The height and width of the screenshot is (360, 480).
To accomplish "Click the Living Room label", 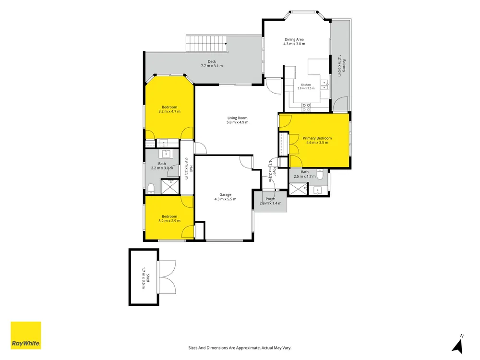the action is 237,118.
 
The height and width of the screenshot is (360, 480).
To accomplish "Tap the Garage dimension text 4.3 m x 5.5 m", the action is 225,199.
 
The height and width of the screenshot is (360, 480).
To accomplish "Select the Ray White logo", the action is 26,335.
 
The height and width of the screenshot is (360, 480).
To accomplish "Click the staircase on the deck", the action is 207,44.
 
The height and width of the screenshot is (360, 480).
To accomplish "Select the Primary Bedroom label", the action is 317,138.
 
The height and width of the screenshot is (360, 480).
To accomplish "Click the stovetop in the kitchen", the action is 306,107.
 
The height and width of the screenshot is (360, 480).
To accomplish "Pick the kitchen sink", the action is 324,85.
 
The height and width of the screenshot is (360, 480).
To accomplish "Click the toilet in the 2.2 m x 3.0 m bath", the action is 151,188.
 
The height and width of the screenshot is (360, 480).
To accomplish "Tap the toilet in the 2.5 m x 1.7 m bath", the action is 320,174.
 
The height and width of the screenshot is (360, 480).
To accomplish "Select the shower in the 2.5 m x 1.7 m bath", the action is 298,189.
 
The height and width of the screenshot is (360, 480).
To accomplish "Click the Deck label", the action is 212,61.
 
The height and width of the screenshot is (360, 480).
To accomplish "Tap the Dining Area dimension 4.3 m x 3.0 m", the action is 294,44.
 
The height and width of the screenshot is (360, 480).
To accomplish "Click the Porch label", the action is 270,199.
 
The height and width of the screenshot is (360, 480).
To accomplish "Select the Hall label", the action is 191,168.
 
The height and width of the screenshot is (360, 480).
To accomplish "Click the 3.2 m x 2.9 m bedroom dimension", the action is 169,221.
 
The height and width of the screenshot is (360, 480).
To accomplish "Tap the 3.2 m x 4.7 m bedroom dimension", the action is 169,111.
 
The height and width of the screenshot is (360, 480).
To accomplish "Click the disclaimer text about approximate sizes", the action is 240,348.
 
